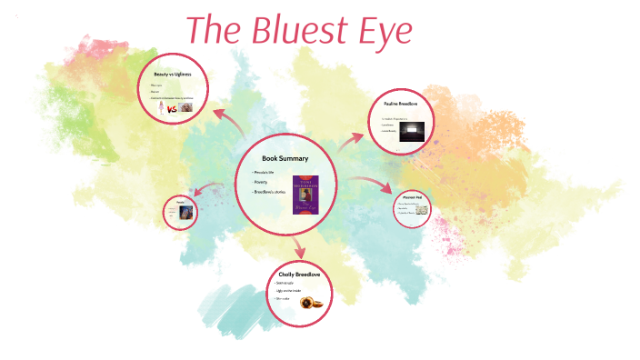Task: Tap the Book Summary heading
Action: (285, 158)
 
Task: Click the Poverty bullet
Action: (264, 182)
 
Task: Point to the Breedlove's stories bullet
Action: (271, 193)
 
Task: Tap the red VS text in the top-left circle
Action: (169, 107)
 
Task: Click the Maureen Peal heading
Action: (410, 195)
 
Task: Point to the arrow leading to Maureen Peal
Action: (370, 186)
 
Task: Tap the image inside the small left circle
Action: (186, 214)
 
